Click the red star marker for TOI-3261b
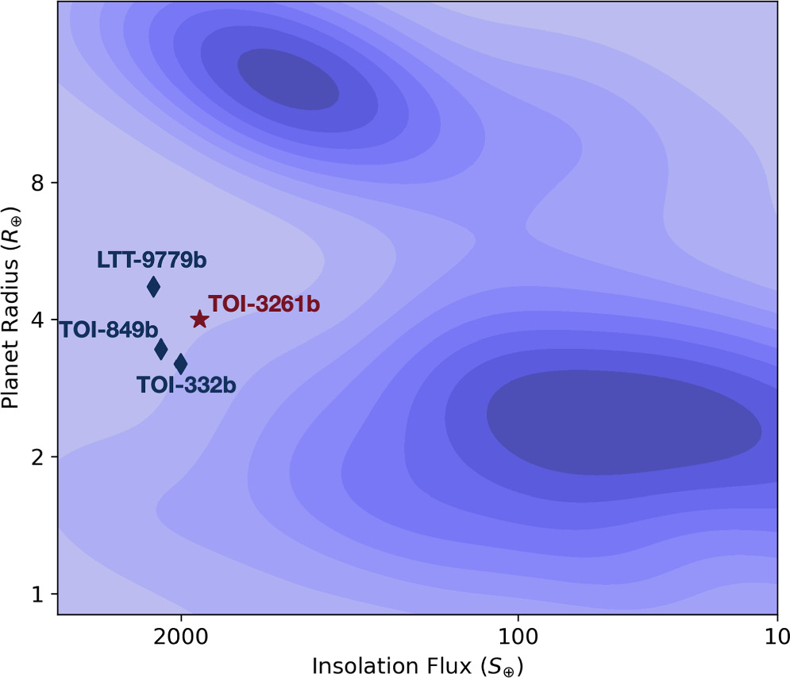click(199, 320)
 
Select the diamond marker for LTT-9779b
click(153, 286)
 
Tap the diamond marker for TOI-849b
click(161, 348)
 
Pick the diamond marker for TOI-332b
click(180, 364)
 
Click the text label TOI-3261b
click(264, 304)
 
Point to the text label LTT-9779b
click(148, 260)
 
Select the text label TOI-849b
click(109, 330)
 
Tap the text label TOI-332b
click(187, 385)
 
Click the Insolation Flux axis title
click(418, 663)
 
